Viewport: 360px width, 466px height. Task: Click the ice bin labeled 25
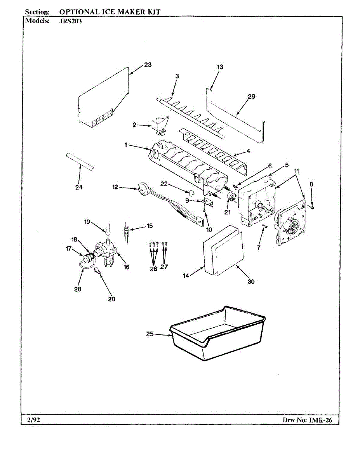point(217,334)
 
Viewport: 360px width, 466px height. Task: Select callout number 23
point(148,65)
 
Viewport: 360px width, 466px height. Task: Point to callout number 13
point(220,67)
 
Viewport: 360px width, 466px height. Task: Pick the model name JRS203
point(70,21)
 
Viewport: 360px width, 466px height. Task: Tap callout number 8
point(311,184)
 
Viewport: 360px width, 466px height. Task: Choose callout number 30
point(251,282)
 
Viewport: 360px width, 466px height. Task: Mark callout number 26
point(154,269)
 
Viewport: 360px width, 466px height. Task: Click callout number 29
point(251,97)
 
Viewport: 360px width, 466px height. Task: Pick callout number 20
point(112,299)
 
